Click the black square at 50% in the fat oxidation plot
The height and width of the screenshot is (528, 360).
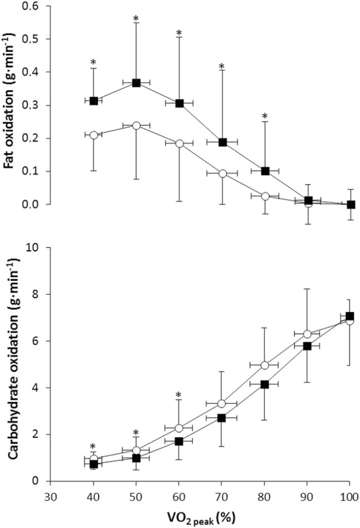click(137, 83)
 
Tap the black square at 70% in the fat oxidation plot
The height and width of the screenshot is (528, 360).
click(223, 142)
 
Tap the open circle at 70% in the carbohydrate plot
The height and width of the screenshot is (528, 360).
click(222, 404)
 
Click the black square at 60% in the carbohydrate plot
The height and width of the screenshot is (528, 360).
click(179, 441)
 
